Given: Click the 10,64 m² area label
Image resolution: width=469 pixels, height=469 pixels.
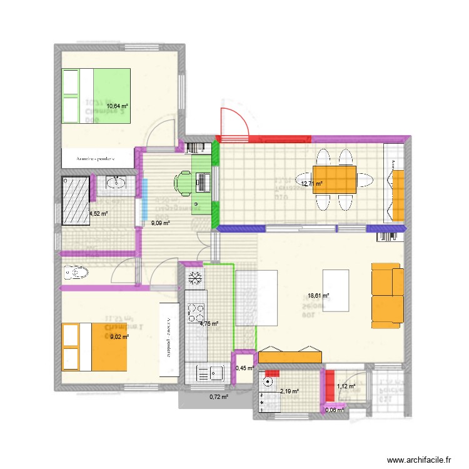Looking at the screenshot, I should [x=117, y=106].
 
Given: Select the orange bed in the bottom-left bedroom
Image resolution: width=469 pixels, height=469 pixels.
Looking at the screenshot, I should [x=94, y=346].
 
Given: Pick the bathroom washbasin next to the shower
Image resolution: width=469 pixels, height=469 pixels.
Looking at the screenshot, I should [x=116, y=183].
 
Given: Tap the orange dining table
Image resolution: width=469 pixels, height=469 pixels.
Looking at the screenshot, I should [x=335, y=179].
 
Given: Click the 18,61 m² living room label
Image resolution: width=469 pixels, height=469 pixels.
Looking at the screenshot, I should [x=318, y=296].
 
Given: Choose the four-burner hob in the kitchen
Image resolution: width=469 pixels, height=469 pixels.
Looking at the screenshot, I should [x=196, y=311].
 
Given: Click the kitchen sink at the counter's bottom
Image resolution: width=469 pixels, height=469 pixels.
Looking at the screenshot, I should [x=211, y=373].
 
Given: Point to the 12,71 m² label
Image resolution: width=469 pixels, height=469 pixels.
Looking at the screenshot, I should [x=311, y=184].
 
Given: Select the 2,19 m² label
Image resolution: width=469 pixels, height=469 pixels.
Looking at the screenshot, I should [x=289, y=391].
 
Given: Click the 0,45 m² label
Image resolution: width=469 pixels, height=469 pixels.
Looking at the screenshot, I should [x=245, y=368].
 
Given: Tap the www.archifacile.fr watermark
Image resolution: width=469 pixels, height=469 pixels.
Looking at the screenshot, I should [x=418, y=460].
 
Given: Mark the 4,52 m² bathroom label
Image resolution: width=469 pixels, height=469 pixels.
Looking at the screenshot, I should [x=98, y=213].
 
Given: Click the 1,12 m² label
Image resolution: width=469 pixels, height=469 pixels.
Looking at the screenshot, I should [x=346, y=386].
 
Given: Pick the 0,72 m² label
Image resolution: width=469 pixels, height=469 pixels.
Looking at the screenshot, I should [x=218, y=396].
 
